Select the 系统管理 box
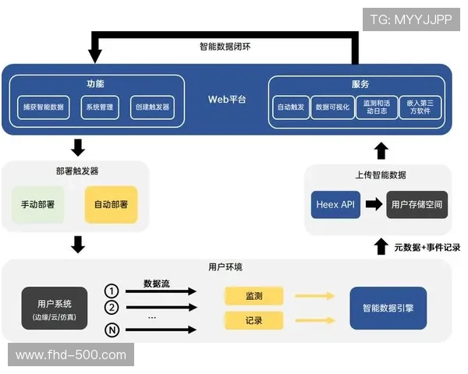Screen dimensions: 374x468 [100, 108]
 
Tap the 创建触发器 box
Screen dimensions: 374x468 [151, 108]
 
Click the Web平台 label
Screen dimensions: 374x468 [226, 100]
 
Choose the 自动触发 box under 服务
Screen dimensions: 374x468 [291, 108]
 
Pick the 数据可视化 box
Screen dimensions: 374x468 [332, 108]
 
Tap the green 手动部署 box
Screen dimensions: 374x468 [37, 205]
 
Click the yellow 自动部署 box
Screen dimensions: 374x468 [111, 205]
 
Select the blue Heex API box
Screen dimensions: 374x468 [335, 204]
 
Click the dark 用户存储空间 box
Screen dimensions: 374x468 [417, 204]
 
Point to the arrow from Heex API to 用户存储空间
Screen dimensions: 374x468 [374, 204]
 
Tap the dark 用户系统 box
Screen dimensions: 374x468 [55, 308]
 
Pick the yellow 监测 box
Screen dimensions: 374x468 [253, 296]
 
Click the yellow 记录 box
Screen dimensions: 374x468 [253, 320]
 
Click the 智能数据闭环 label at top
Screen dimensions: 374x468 [225, 46]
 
